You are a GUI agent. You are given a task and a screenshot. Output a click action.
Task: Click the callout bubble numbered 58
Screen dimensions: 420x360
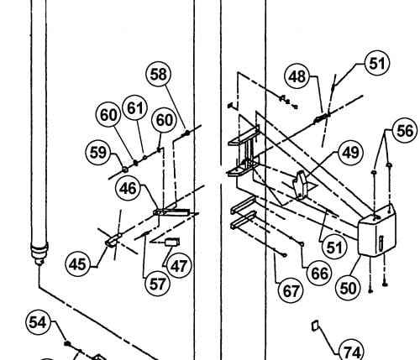tap(159, 75)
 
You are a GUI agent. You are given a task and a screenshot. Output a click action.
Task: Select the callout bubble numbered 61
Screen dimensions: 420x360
tap(135, 108)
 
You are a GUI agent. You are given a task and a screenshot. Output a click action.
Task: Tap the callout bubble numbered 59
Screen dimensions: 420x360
tap(98, 153)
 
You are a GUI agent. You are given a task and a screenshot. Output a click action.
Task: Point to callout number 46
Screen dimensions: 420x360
tap(128, 189)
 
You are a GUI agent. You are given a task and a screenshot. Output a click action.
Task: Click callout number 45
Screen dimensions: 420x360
tap(77, 264)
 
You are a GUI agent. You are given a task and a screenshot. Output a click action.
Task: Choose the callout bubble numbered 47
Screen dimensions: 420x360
tap(179, 266)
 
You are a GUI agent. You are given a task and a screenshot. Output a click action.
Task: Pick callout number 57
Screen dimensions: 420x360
tap(158, 284)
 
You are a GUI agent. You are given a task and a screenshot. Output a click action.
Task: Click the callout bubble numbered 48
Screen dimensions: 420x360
tap(297, 76)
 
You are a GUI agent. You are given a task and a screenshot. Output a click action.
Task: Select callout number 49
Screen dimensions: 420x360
tap(350, 153)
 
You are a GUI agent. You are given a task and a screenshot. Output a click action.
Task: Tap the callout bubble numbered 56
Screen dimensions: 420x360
tap(405, 131)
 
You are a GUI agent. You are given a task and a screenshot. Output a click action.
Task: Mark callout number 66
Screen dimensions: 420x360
tap(319, 274)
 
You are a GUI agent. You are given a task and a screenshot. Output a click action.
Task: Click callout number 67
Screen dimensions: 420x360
tap(291, 291)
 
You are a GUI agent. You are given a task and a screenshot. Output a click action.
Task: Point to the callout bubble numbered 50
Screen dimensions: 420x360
tap(348, 288)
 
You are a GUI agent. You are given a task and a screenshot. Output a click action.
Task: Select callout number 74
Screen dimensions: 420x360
tap(352, 352)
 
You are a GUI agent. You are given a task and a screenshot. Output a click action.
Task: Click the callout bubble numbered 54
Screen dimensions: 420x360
tap(38, 322)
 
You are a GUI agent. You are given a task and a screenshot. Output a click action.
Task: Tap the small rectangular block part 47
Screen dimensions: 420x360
tap(172, 242)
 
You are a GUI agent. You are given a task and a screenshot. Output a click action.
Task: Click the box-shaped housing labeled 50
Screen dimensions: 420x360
tap(377, 230)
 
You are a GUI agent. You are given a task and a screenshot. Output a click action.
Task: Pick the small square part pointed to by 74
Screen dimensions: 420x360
tap(315, 326)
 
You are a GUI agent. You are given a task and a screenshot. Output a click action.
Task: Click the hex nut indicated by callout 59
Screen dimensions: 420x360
tap(125, 170)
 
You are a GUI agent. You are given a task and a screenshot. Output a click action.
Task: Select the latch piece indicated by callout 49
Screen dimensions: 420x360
tap(300, 185)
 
